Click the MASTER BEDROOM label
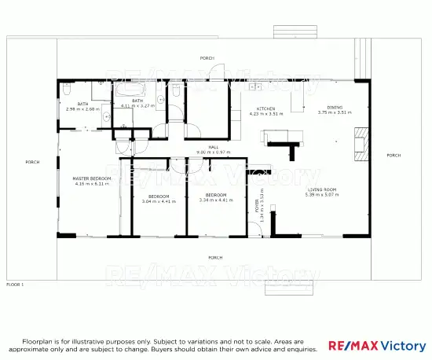[92, 178]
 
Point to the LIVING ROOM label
[322, 189]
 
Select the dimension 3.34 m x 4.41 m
[216, 201]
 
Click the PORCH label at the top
[207, 58]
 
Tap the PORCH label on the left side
[32, 162]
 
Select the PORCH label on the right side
[394, 156]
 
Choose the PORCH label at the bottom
[214, 257]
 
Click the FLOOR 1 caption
[16, 284]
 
